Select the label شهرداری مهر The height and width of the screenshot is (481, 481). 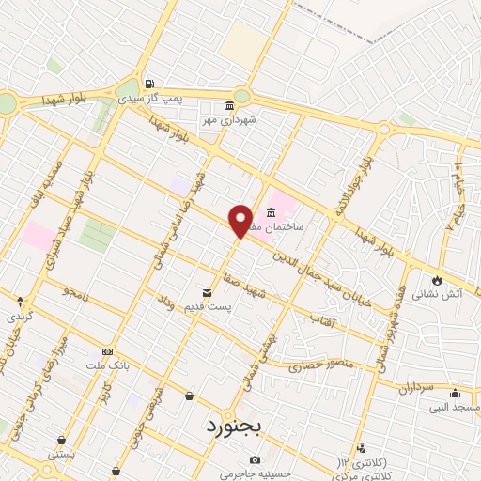[x=229, y=119]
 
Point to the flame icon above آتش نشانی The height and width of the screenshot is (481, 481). [x=437, y=279]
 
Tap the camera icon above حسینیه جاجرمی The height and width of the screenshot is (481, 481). [x=255, y=459]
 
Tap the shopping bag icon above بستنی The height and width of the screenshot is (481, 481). [x=62, y=440]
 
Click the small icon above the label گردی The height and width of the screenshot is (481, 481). [x=21, y=302]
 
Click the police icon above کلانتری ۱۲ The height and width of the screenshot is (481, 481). [x=360, y=448]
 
